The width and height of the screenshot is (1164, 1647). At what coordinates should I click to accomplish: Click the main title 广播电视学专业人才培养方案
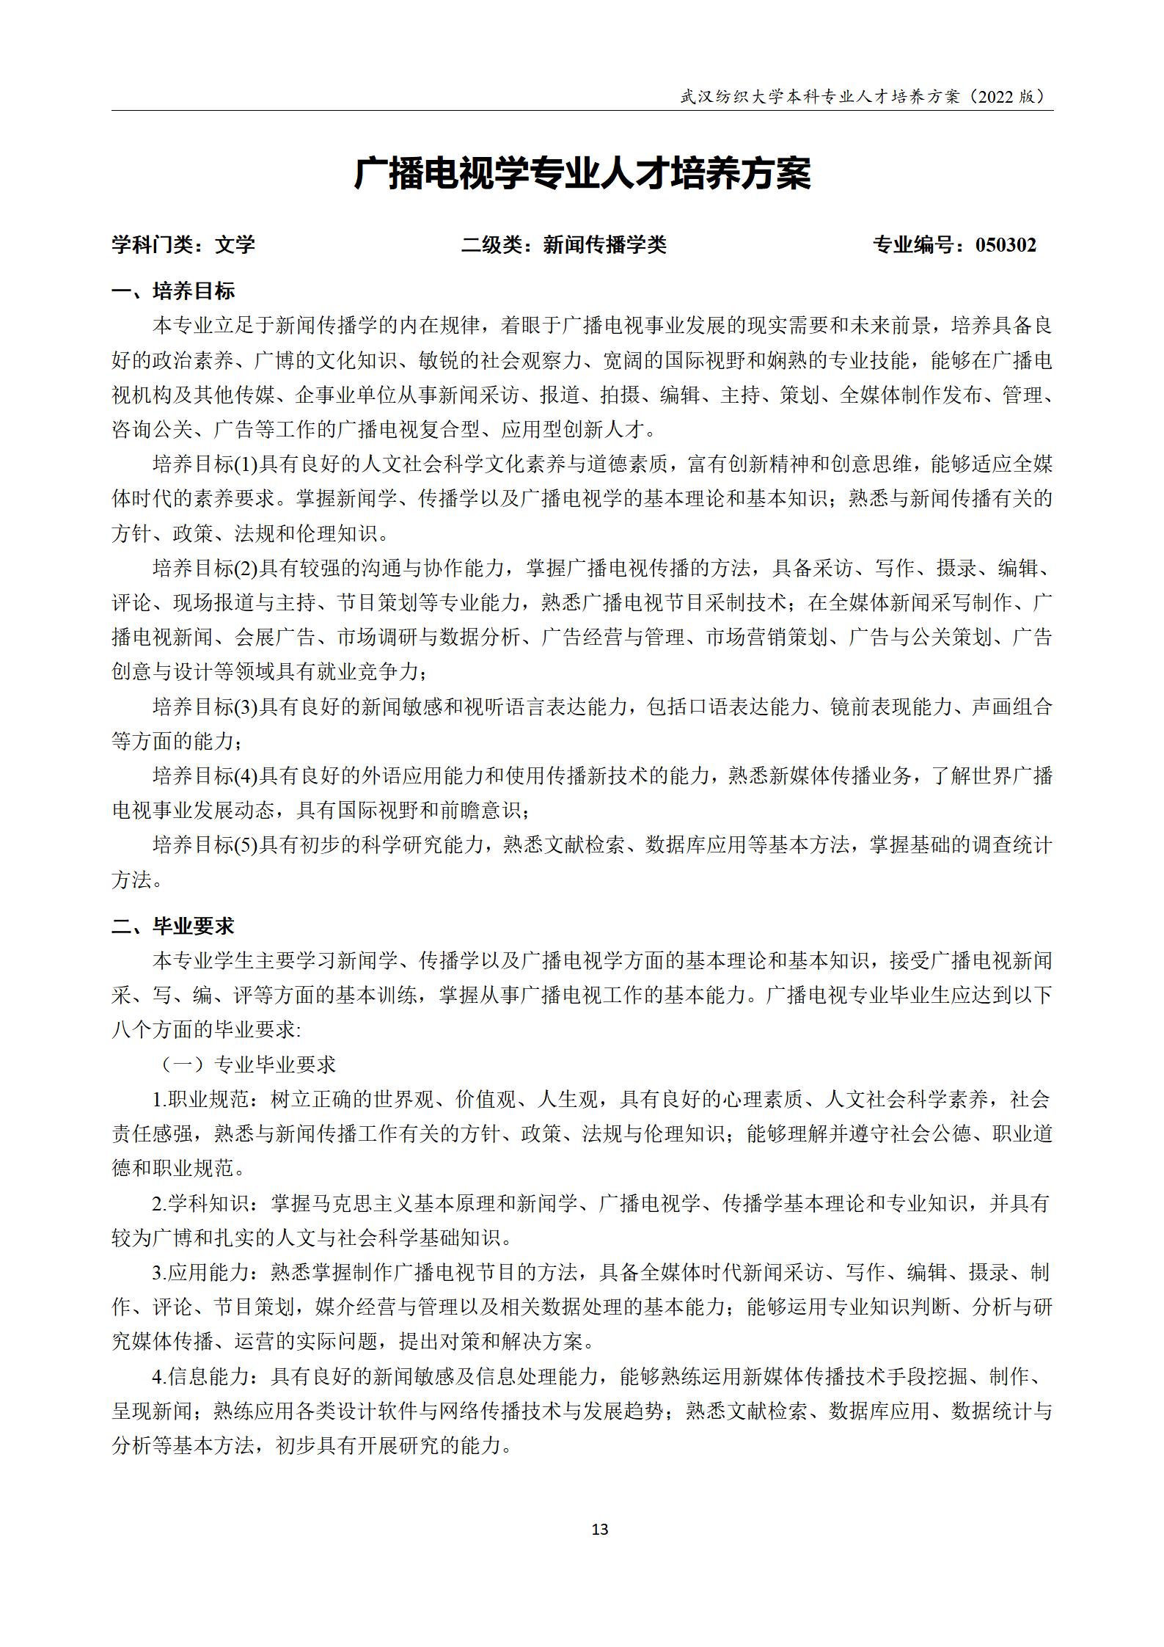point(582,175)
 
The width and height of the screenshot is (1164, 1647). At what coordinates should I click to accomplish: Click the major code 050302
point(1006,245)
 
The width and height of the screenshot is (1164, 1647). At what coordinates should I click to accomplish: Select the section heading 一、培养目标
point(173,291)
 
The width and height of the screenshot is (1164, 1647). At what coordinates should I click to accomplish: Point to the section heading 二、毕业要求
point(173,926)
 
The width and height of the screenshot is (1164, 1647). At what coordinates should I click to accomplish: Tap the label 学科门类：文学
point(183,245)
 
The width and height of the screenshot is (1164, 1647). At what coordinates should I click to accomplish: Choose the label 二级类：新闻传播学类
point(563,245)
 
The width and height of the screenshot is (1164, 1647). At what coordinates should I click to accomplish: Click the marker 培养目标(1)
point(205,464)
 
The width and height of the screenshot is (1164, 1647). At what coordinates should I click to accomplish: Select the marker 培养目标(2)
point(205,568)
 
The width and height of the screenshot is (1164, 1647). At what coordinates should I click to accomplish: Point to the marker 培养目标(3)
point(205,706)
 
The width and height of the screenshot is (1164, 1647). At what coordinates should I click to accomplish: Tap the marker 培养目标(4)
point(205,775)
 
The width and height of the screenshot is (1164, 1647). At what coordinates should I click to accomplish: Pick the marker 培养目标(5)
point(205,845)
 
